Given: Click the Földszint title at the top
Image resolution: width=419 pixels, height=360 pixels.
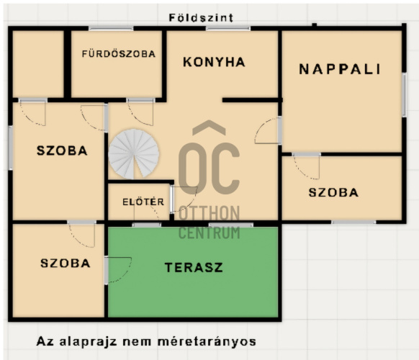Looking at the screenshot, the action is (x=201, y=18).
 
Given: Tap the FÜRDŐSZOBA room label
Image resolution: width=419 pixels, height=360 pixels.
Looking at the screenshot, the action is (x=119, y=54).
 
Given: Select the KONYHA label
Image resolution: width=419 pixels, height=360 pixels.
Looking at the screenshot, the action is (x=214, y=62).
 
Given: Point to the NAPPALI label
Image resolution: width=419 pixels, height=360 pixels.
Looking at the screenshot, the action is (x=340, y=69).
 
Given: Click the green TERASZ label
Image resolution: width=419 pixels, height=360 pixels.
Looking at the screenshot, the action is (x=194, y=268).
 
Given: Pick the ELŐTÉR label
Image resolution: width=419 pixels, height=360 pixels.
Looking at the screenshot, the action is (x=143, y=202).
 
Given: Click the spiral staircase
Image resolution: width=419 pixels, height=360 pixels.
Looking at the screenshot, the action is (x=134, y=154).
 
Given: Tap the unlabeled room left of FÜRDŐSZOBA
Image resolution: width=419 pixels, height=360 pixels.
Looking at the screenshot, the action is (x=38, y=64).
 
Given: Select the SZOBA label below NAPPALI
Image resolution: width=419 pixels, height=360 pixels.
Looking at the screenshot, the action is (x=333, y=192).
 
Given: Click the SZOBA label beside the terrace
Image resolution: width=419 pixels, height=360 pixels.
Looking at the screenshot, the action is (x=66, y=264).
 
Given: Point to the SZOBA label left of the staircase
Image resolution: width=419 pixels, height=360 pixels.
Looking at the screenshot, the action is (x=62, y=150).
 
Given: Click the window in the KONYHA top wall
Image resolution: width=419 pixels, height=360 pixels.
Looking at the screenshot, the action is (x=228, y=28).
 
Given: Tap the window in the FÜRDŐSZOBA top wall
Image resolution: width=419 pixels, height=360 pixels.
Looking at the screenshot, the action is (x=111, y=28).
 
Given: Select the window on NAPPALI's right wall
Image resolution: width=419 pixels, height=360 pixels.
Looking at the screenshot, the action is (x=404, y=94).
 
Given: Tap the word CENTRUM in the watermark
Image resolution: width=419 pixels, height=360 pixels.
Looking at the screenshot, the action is (x=209, y=233).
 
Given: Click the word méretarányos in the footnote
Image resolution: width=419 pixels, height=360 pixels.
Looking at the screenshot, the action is (x=207, y=342).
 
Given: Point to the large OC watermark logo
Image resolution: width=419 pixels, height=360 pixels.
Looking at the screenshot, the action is (x=209, y=158).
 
